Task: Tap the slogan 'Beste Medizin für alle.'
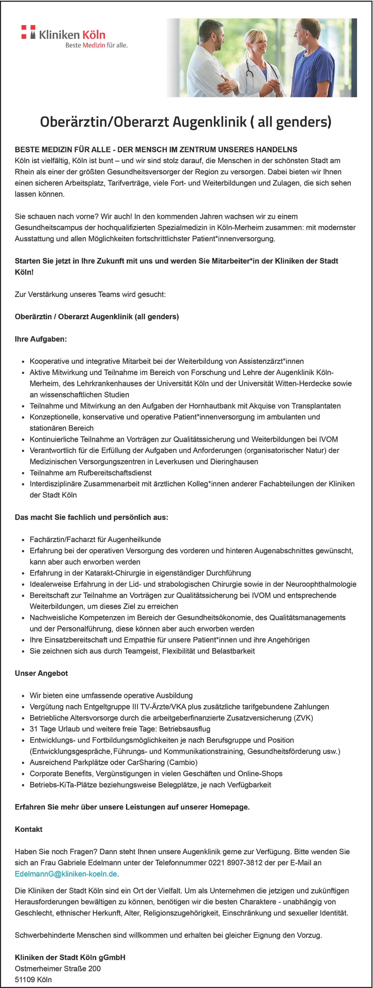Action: click(96, 45)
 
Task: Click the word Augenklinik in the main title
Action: click(209, 122)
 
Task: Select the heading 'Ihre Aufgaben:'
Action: click(41, 339)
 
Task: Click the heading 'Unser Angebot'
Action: click(41, 673)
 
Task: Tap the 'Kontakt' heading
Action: click(28, 829)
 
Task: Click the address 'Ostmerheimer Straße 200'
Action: click(58, 969)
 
